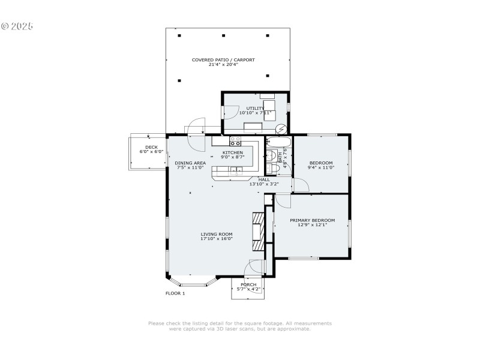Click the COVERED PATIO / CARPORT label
point(223,59)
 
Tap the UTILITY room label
point(255,108)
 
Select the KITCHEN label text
point(233,152)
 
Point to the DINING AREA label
point(190,163)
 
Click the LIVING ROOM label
point(217,234)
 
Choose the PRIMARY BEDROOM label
point(312,220)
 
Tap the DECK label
point(151,147)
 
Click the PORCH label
point(248,284)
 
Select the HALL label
point(264,179)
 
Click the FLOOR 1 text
point(175,293)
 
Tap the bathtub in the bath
point(278,143)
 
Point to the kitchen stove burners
point(236,142)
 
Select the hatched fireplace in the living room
point(257,231)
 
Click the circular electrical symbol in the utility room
point(281,128)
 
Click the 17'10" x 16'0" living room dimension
point(217,239)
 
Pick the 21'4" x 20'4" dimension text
point(223,64)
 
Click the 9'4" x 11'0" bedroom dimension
point(321,168)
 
